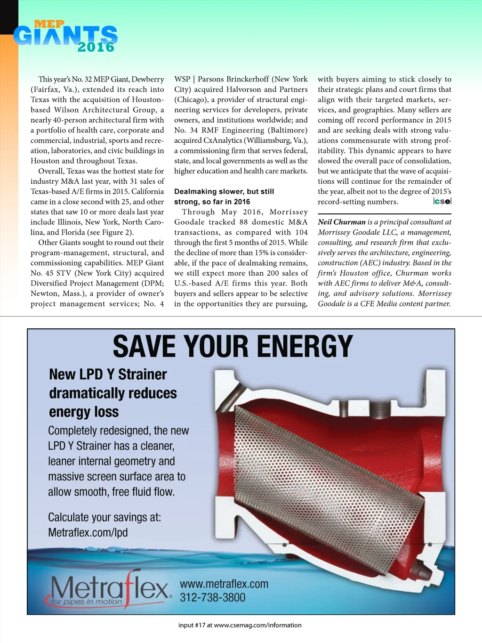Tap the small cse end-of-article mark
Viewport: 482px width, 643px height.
pyautogui.click(x=442, y=202)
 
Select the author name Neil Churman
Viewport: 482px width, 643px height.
pyautogui.click(x=342, y=222)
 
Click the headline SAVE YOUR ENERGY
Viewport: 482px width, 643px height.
pyautogui.click(x=233, y=347)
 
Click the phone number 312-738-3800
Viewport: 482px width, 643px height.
pyautogui.click(x=212, y=598)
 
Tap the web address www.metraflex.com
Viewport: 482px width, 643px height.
pyautogui.click(x=224, y=584)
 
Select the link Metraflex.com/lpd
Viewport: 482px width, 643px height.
pyautogui.click(x=88, y=533)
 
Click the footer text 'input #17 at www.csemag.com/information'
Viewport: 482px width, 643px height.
pyautogui.click(x=240, y=625)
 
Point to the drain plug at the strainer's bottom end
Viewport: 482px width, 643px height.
pyautogui.click(x=424, y=572)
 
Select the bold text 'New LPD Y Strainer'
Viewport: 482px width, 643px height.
pyautogui.click(x=108, y=374)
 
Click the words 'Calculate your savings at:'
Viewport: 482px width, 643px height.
pyautogui.click(x=104, y=517)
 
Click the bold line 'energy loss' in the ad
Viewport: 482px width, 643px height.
pyautogui.click(x=84, y=412)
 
